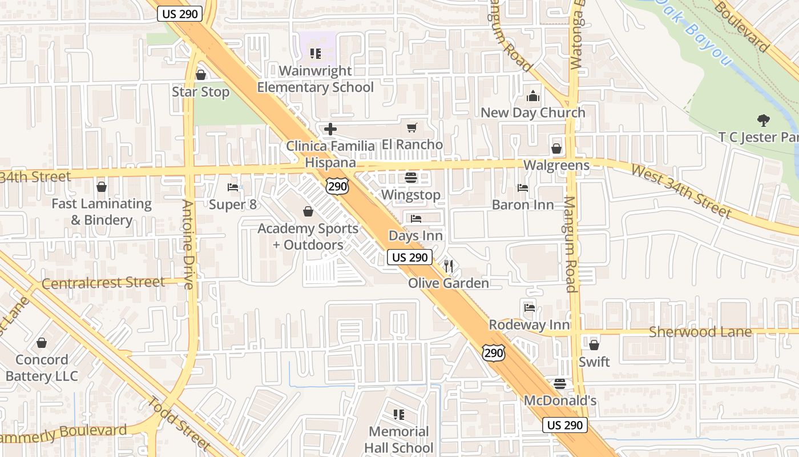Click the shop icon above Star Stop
pos(200,75)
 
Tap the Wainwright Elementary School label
pos(315,79)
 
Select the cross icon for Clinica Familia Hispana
pos(330,129)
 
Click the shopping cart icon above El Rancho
pos(411,128)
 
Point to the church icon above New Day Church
pos(532,96)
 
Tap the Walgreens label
pos(556,166)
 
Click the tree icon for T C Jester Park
pos(762,121)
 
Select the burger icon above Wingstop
pos(410,178)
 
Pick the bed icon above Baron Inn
pos(522,187)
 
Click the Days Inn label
pos(415,235)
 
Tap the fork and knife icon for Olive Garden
pos(449,266)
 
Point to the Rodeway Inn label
pos(529,324)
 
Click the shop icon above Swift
pos(594,345)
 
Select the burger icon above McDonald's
pos(560,384)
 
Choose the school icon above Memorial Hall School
pos(398,414)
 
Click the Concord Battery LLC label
pos(42,368)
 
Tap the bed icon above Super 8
pos(232,187)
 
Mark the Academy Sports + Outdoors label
pos(308,236)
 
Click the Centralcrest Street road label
pos(103,283)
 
